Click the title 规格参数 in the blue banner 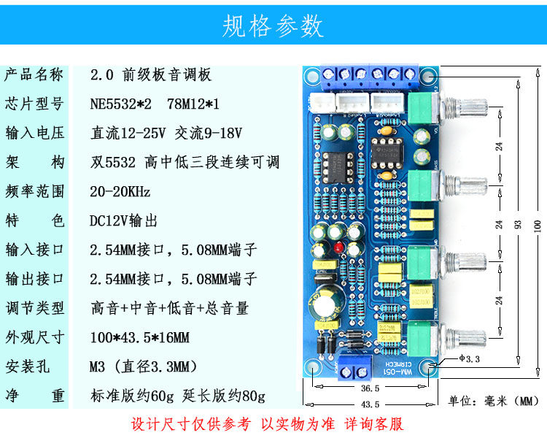tap(273, 26)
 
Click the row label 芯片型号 tap(34, 104)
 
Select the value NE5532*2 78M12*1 tap(155, 104)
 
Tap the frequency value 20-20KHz tap(120, 191)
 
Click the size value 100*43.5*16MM tap(139, 337)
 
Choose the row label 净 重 tap(34, 396)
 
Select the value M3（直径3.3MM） tap(142, 366)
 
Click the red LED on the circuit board tap(340, 250)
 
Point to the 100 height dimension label tap(538, 226)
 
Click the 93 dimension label tap(518, 226)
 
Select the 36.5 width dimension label tap(371, 388)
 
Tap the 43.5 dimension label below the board tap(371, 404)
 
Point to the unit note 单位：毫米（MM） tap(493, 401)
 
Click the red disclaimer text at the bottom tap(267, 424)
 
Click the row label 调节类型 tap(34, 308)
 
